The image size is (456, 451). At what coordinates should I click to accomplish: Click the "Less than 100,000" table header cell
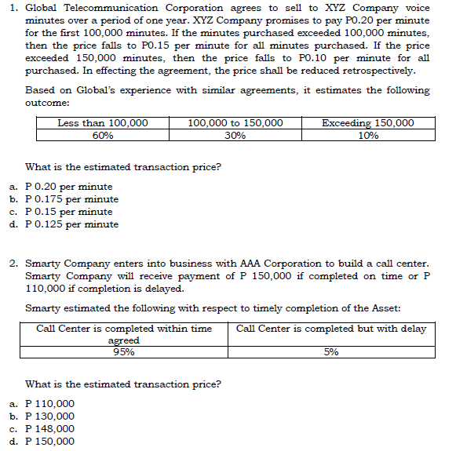click(103, 123)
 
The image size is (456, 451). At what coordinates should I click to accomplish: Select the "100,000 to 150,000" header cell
click(235, 123)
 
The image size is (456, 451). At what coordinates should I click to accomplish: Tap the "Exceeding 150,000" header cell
click(368, 123)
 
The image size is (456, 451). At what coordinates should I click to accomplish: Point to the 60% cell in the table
click(103, 135)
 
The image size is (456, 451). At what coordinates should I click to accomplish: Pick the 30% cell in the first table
click(235, 135)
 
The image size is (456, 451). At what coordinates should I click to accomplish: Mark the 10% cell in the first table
click(368, 135)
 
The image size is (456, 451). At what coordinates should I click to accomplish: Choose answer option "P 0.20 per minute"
click(69, 187)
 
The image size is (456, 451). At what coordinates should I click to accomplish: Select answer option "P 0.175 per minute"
click(72, 199)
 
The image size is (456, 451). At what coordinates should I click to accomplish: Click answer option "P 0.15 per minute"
click(69, 212)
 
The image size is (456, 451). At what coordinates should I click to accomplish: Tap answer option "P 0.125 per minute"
click(72, 224)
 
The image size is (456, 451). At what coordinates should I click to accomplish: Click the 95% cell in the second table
click(124, 352)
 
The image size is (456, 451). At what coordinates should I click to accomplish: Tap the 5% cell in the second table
click(331, 352)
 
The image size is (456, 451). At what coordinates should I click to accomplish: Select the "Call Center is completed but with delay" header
click(330, 329)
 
